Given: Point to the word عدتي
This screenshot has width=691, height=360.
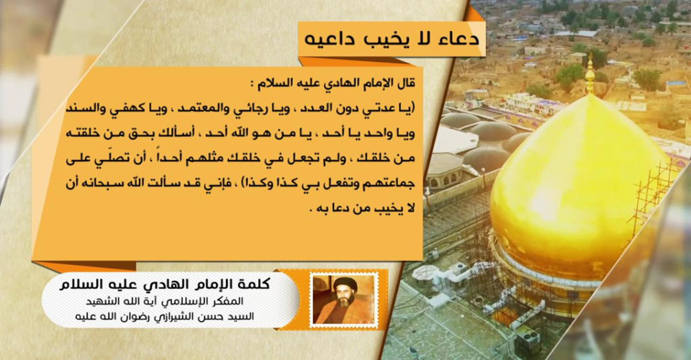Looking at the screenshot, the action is (x=382, y=108).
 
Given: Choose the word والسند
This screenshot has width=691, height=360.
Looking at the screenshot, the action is (x=86, y=109).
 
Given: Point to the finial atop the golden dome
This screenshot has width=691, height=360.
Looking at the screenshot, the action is (x=590, y=76).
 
